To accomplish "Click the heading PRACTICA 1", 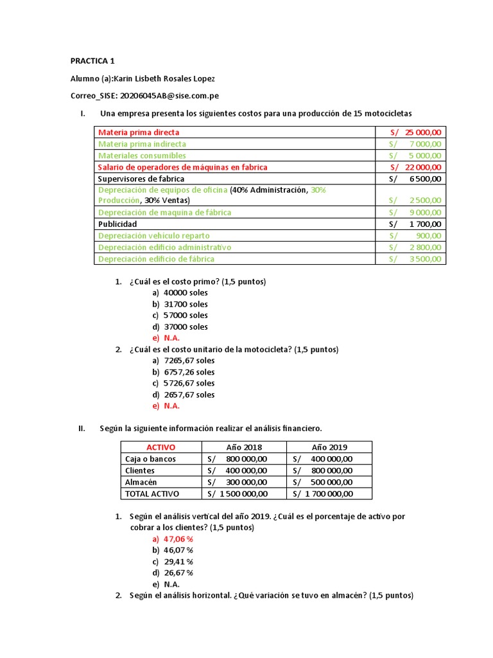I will (x=92, y=61).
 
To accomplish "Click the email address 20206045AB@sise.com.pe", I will (x=170, y=96).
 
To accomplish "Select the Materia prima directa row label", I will (x=139, y=132).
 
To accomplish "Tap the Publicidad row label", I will (x=117, y=224).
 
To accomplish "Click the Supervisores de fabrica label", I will (x=141, y=179).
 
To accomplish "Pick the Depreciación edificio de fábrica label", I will (x=156, y=259).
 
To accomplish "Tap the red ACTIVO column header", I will (x=160, y=447).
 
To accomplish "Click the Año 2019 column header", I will (x=330, y=447).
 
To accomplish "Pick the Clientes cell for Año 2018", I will (x=237, y=470).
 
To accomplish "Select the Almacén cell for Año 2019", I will (x=322, y=482).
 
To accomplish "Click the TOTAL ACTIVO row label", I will (x=152, y=493).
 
